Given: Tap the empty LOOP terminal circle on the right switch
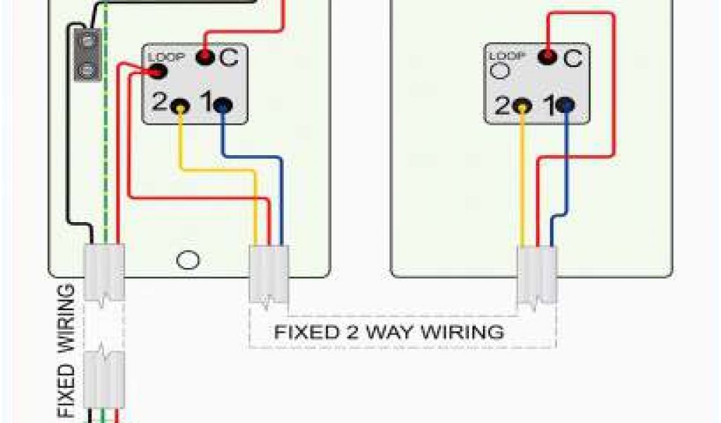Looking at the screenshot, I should (499, 70).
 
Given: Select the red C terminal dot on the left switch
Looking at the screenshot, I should (204, 56).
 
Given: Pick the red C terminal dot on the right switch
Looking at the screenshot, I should (546, 56).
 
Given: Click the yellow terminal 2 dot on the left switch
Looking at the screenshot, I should (181, 106).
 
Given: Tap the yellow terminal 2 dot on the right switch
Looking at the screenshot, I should (522, 106).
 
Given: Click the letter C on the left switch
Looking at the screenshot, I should (229, 58).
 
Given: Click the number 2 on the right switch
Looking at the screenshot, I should (501, 106).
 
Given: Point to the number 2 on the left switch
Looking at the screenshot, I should (159, 104).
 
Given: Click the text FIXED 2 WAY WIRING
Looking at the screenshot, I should (389, 331).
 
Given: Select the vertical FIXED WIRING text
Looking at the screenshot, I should (65, 350).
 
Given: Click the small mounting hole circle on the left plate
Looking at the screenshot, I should (187, 260).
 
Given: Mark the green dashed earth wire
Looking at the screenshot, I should (106, 141).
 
